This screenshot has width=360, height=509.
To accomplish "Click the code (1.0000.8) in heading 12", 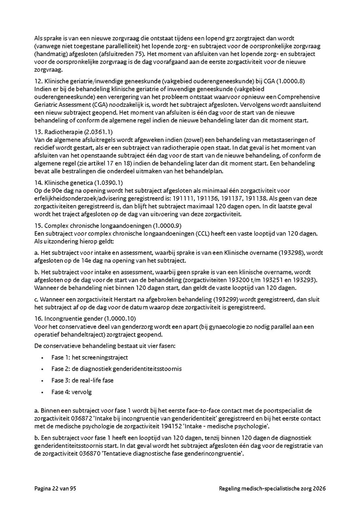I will pos(291,81).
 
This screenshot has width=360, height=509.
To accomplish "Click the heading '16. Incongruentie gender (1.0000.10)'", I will pos(85,319).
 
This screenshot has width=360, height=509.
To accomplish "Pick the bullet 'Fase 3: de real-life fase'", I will pos(82,380).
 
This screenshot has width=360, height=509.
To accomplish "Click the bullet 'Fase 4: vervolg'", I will pos(72,392).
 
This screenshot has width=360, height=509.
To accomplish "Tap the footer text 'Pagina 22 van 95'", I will pos(55,489).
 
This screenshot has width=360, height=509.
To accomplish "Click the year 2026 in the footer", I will pos(319,489).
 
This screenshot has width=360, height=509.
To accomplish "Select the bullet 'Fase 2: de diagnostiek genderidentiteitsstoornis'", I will pos(116,369).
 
